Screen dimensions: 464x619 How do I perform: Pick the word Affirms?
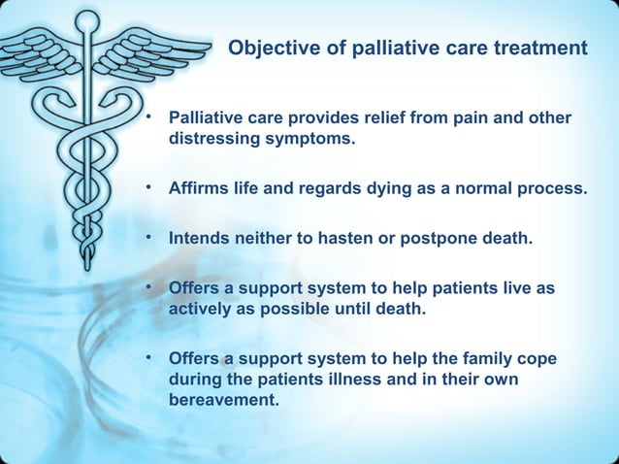200,188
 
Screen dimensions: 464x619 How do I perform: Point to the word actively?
201,309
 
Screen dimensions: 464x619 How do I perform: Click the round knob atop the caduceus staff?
86,20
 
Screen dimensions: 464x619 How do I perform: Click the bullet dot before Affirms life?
149,185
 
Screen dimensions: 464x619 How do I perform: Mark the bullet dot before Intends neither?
149,236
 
